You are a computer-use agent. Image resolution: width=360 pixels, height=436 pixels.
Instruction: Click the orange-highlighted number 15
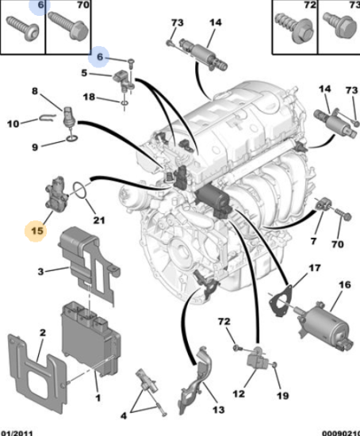coord(37,231)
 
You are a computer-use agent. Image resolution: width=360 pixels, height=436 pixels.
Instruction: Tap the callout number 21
coord(99,220)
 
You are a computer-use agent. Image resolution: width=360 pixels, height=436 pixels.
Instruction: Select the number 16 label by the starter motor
coord(344,285)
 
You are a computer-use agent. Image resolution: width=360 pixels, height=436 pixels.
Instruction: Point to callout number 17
coord(314,268)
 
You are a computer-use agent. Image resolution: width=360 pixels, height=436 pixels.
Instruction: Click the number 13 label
coord(218,409)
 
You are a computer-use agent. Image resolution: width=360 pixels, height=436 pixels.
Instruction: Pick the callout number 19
coord(282,396)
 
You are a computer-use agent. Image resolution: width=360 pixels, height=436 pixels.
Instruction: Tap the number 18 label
coord(89,97)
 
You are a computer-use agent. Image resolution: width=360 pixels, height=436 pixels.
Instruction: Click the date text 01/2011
coord(17,433)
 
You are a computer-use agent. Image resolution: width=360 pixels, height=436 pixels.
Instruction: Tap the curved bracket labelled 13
coord(195,382)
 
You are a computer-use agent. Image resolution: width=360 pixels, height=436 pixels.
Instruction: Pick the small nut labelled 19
coord(274,365)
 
